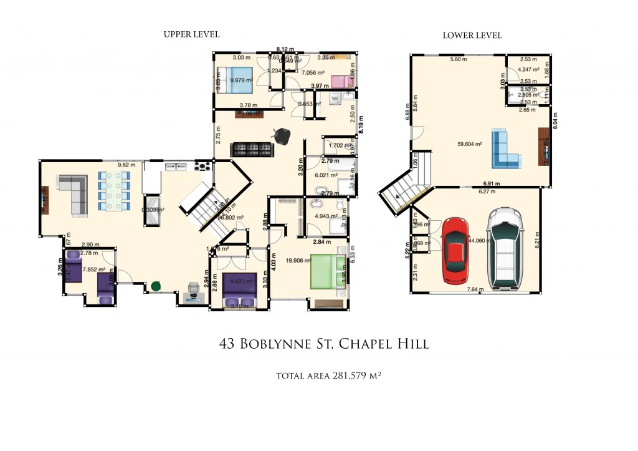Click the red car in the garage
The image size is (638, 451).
pos(455,250)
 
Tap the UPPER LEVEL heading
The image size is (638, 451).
pos(191,34)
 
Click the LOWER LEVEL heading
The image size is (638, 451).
pos(472,36)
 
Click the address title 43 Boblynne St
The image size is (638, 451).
pos(324,344)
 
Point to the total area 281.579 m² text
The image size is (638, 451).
pos(328,376)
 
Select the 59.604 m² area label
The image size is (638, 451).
pos(470,144)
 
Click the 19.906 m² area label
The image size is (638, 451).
pos(298,261)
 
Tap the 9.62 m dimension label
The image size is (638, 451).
pos(127,165)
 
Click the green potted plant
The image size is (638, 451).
pos(156,286)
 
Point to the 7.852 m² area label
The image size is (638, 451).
pos(93,270)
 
